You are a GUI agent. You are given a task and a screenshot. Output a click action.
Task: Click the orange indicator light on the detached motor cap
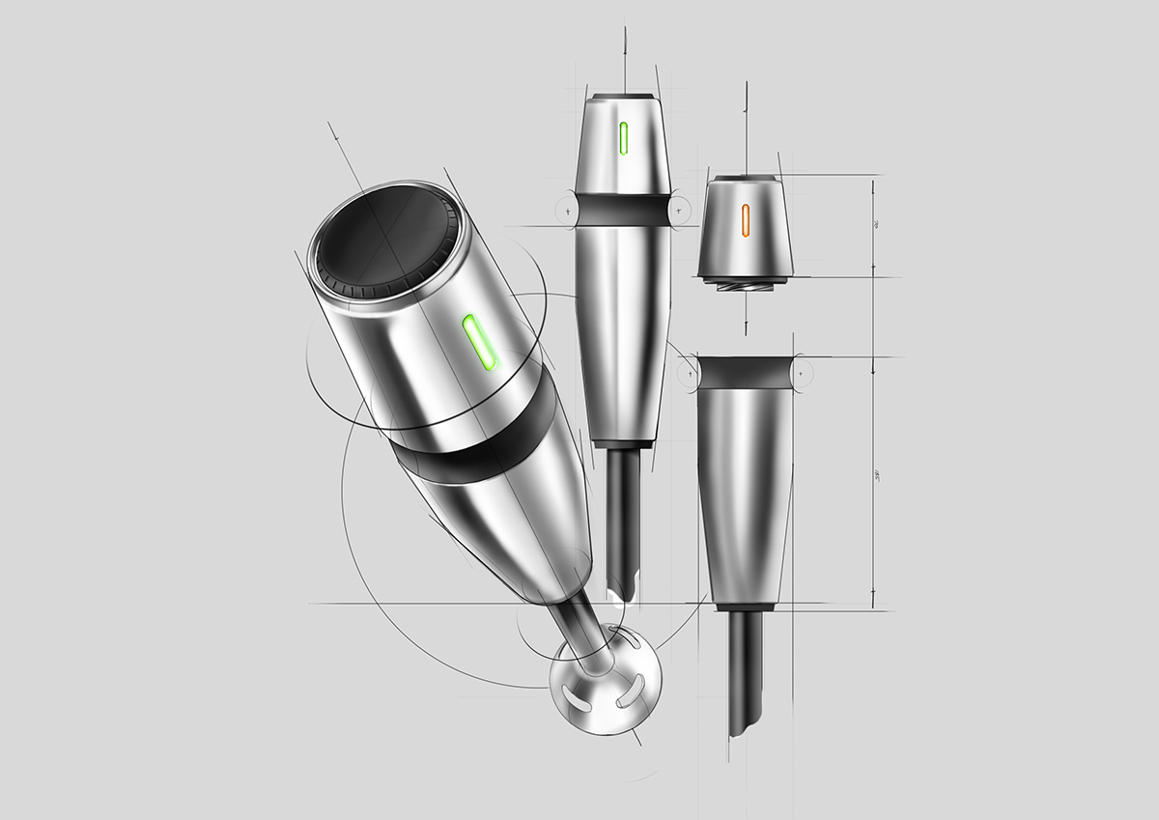(x=746, y=219)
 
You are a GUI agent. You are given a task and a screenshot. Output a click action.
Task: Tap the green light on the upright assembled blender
(x=624, y=139)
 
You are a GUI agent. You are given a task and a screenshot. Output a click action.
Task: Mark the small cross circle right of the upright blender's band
(x=679, y=209)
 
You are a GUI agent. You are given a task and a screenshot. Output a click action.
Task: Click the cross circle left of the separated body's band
(x=690, y=372)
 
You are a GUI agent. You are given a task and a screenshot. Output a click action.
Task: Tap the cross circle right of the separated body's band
(x=802, y=372)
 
